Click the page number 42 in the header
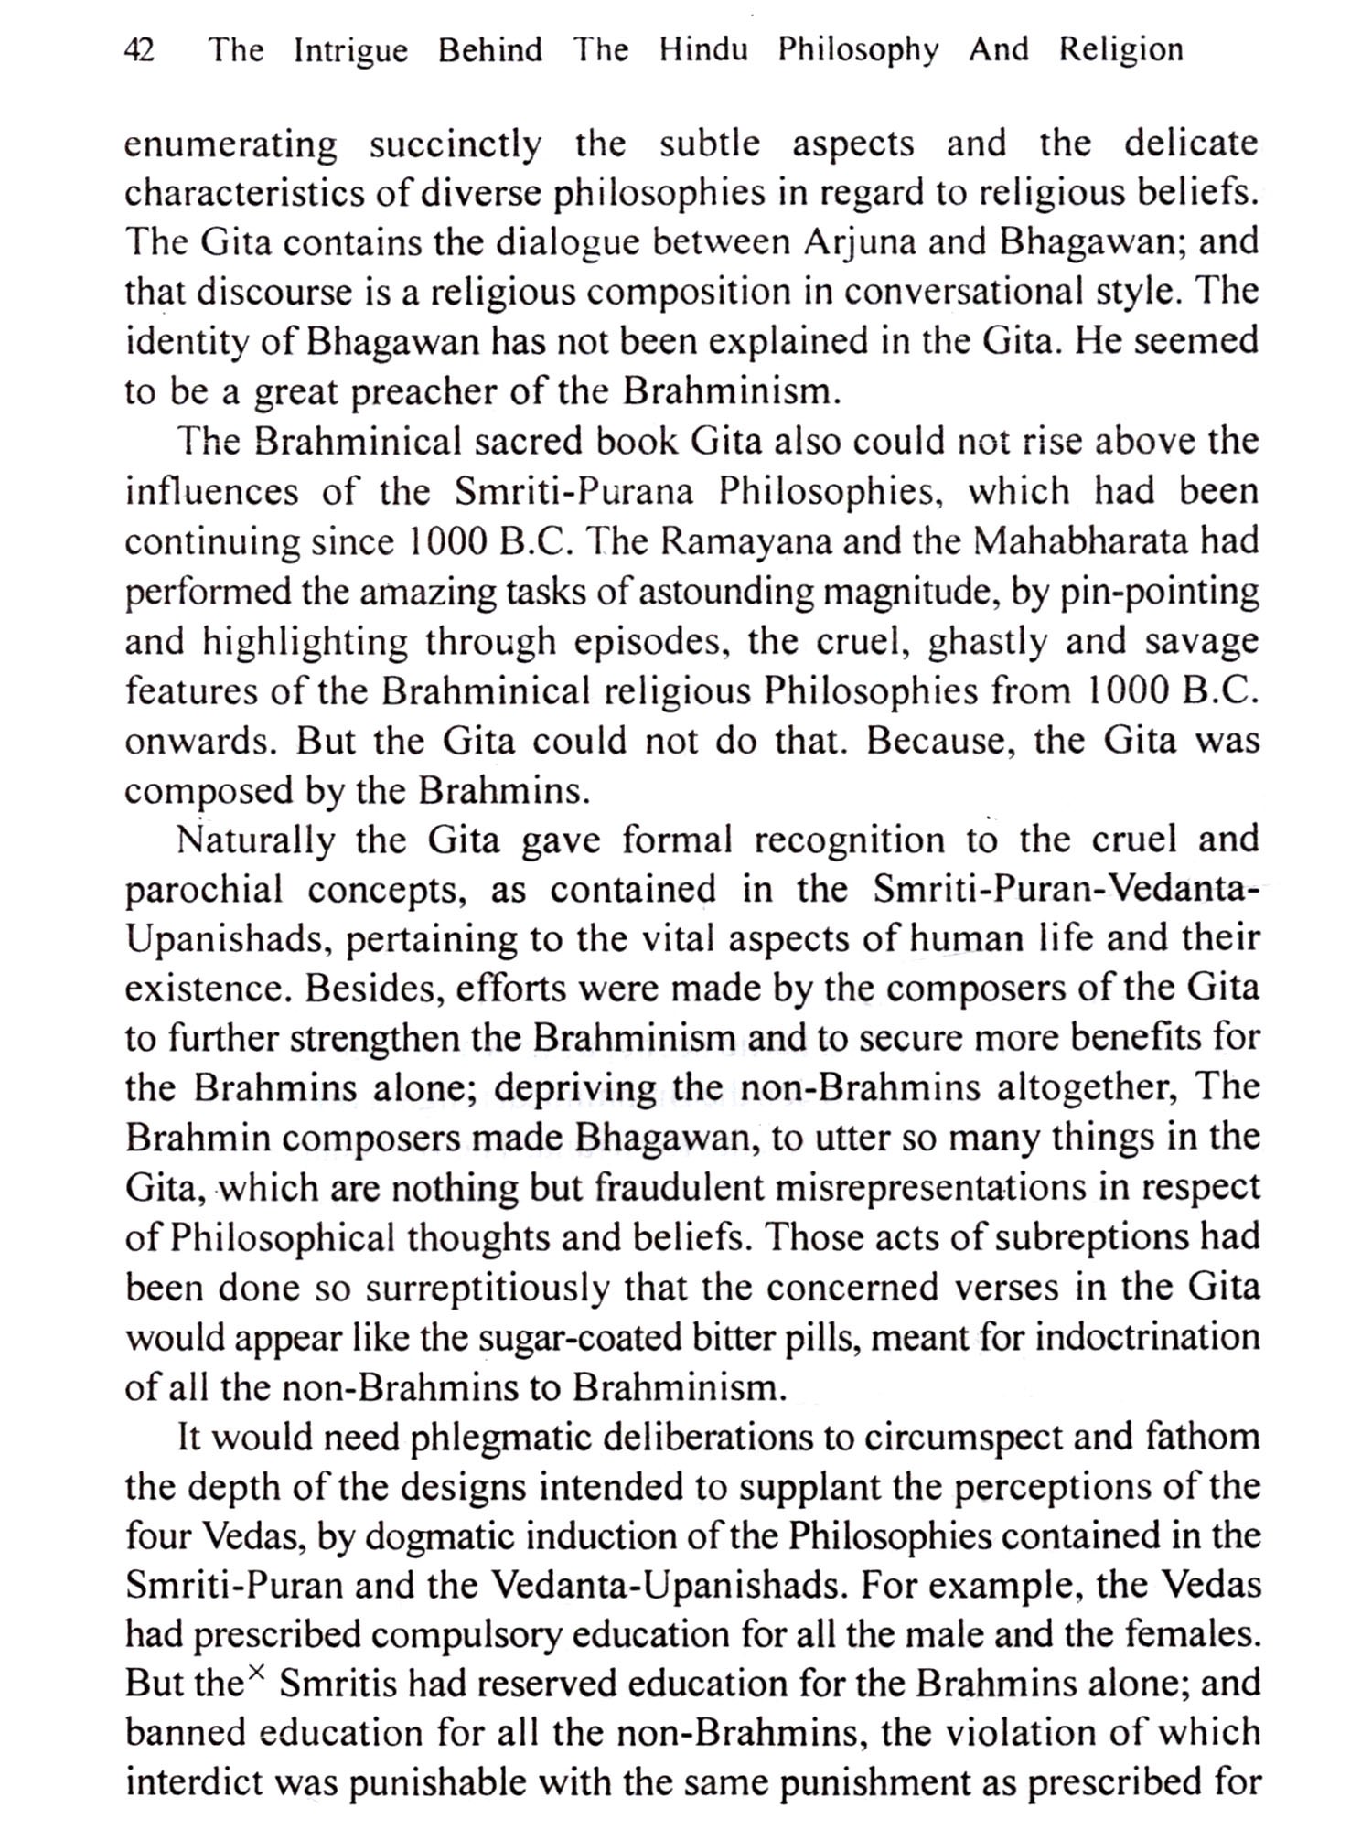[x=139, y=49]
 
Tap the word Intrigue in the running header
[x=350, y=49]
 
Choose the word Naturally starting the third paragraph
[x=256, y=840]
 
